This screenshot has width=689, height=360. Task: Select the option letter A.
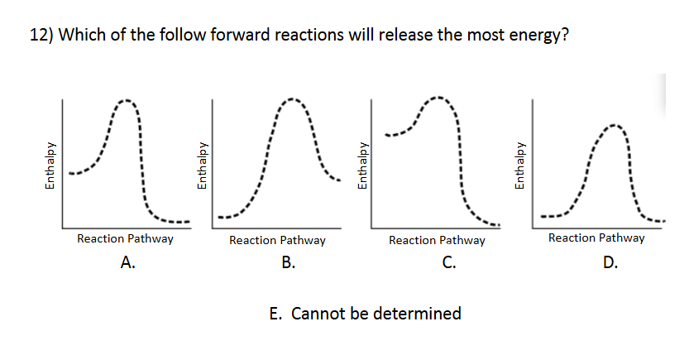click(x=127, y=264)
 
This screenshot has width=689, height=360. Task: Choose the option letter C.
click(x=447, y=264)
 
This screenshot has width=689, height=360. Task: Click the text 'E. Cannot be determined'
click(x=365, y=314)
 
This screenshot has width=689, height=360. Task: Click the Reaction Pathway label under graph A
click(x=125, y=239)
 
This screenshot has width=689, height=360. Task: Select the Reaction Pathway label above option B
click(x=277, y=241)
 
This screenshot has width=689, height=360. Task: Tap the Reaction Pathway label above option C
click(x=437, y=241)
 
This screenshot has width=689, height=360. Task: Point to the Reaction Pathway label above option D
click(x=596, y=238)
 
